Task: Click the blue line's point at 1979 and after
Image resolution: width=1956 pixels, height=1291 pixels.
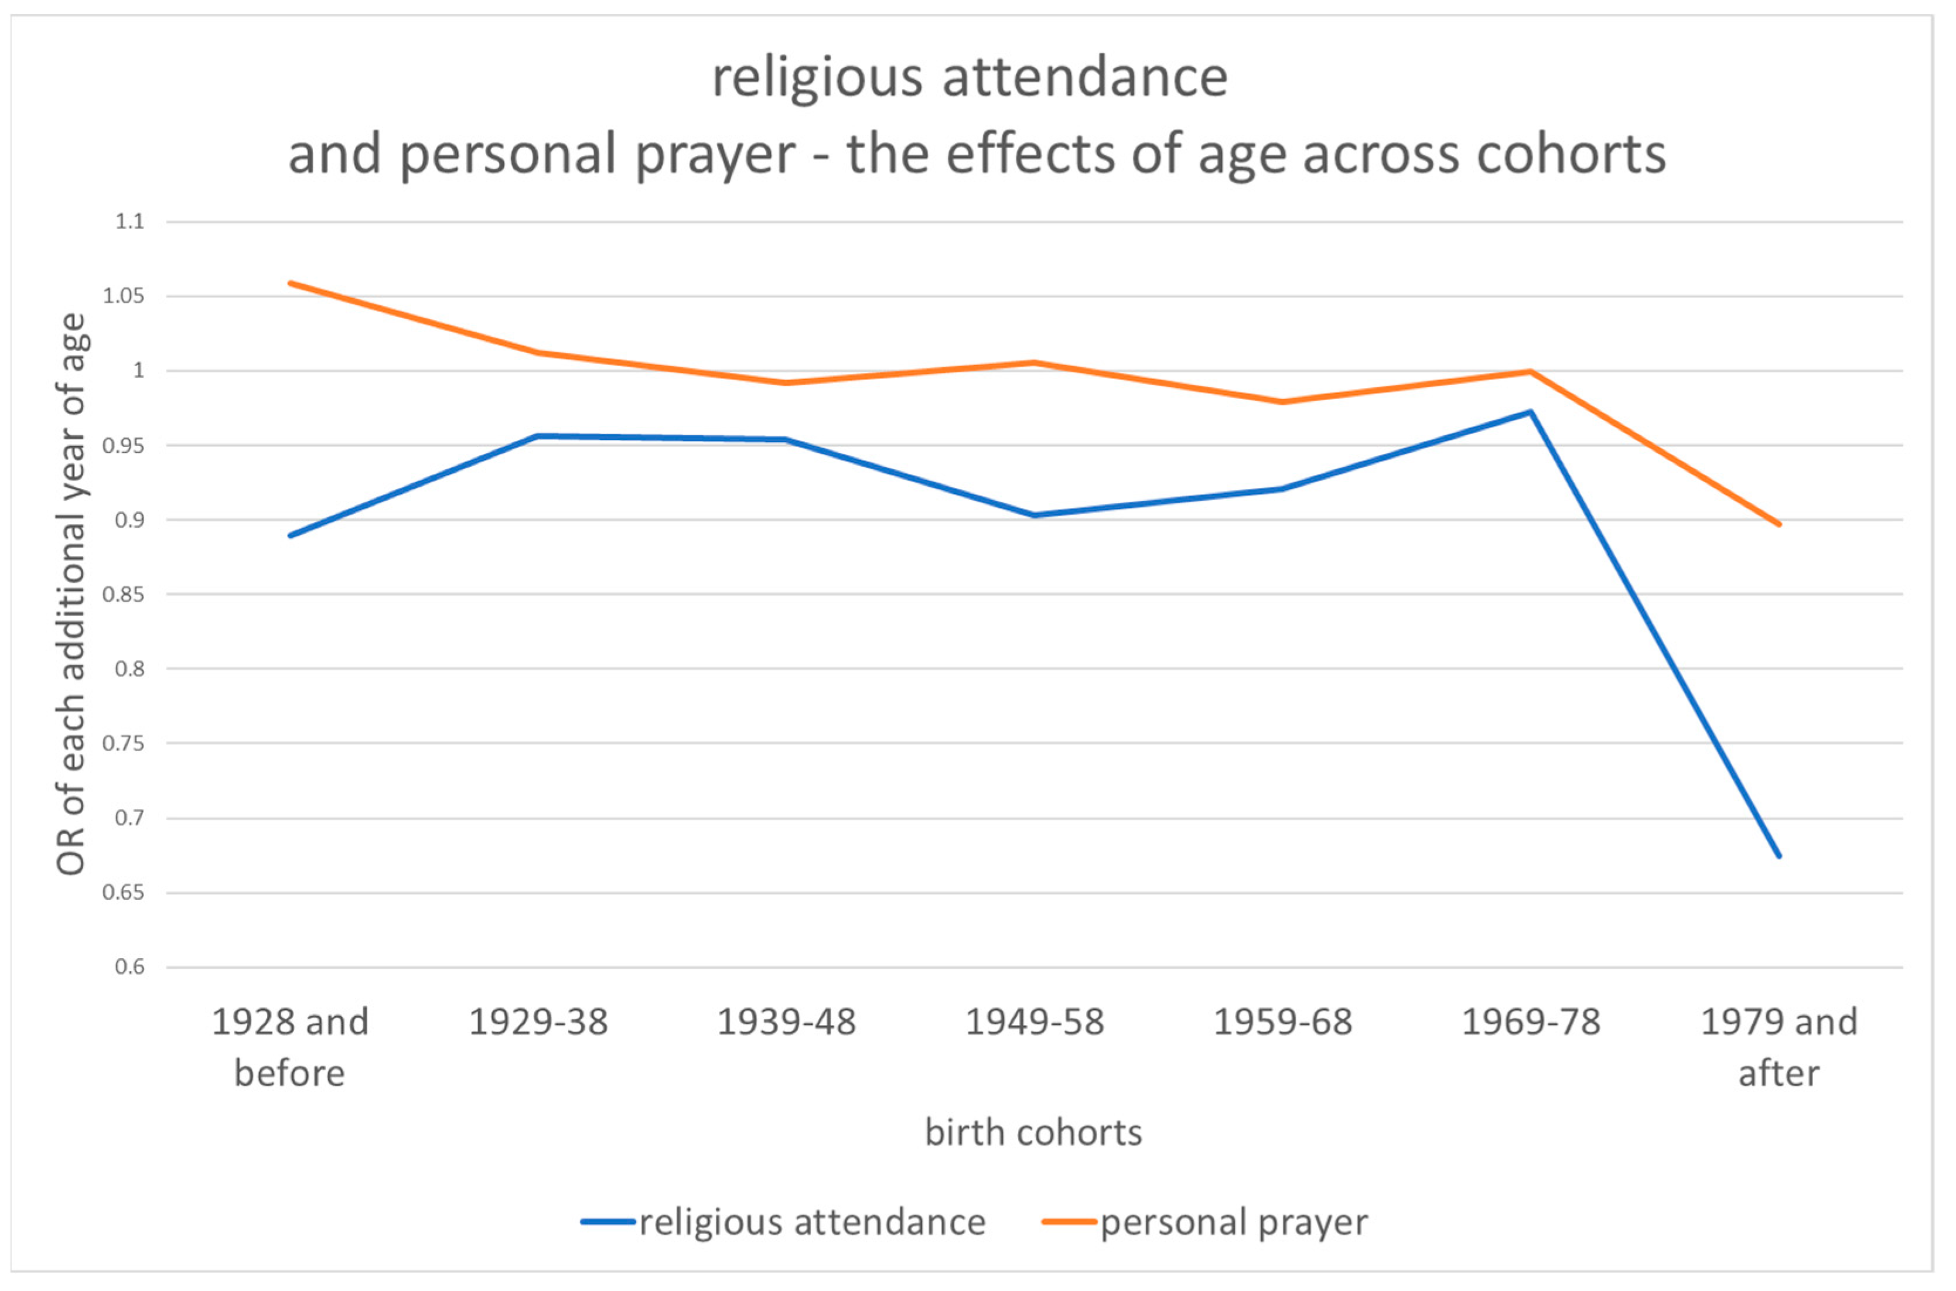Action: [1779, 856]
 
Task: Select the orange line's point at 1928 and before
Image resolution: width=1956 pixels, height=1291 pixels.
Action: [291, 284]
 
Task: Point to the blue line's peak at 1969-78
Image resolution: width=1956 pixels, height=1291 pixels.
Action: [1530, 412]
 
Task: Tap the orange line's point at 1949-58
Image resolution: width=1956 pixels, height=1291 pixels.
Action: [1035, 362]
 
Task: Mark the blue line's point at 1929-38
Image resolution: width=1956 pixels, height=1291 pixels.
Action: [538, 436]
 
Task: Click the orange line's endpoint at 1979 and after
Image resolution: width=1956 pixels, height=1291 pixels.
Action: [1779, 524]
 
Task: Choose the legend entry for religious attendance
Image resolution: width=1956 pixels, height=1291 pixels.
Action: [783, 1221]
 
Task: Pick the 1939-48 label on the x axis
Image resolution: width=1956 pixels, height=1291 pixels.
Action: [786, 1022]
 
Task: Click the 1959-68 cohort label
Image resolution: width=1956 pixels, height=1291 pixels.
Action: [1282, 1022]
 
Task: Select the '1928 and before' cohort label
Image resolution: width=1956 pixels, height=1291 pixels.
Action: [290, 1047]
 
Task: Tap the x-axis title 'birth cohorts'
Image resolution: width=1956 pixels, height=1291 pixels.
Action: [1033, 1132]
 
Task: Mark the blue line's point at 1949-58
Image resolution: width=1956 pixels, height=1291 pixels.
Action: [1035, 515]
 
